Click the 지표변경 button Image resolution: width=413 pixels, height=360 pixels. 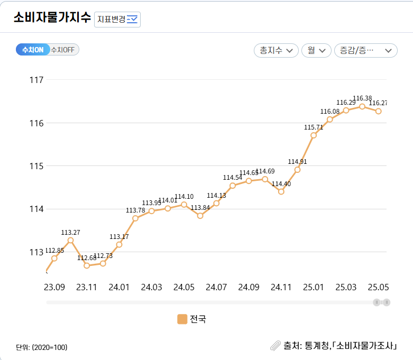point(117,19)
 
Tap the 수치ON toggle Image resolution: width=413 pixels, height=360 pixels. point(33,50)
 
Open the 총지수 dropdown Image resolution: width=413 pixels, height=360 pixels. point(276,50)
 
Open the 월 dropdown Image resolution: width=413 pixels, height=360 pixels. point(316,50)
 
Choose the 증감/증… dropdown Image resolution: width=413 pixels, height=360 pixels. point(365,50)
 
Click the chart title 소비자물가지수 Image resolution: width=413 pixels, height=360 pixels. point(52,17)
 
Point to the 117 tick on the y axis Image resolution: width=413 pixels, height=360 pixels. point(36,80)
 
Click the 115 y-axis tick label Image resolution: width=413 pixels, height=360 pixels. point(36,166)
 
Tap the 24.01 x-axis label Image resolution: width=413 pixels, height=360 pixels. point(119,287)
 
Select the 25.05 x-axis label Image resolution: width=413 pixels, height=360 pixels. point(379,287)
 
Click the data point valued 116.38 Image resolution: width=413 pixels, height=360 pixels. point(362,106)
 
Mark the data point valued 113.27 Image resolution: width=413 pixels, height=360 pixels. point(70,240)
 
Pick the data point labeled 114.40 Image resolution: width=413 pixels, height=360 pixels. point(281,191)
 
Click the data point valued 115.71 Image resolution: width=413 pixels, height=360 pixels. point(314,135)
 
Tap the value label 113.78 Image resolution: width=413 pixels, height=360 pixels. point(135,210)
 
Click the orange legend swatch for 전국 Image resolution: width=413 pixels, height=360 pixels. point(182,319)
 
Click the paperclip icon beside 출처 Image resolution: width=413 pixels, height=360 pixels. point(275,346)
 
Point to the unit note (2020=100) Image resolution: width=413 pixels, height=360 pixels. point(42,347)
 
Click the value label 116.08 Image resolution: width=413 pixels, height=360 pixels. point(330,112)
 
